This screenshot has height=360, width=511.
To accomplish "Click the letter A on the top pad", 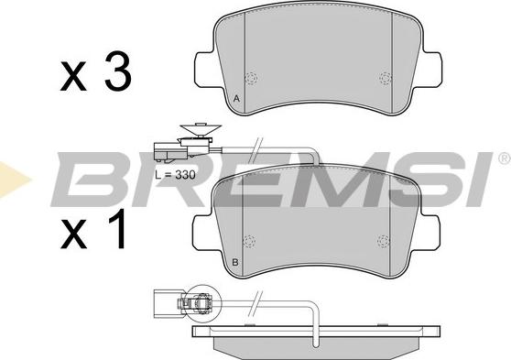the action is click(237, 98).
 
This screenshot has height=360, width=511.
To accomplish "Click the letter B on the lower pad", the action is click(235, 262).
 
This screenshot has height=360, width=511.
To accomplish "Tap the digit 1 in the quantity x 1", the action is click(116, 229).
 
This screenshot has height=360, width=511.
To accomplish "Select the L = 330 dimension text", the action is click(175, 175).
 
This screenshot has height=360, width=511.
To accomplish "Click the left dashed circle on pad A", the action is click(251, 78).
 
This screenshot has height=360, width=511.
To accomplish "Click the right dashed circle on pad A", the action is click(386, 78).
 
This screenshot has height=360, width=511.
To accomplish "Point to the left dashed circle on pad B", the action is click(249, 241).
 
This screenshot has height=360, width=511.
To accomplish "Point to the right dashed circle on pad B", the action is click(383, 241).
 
